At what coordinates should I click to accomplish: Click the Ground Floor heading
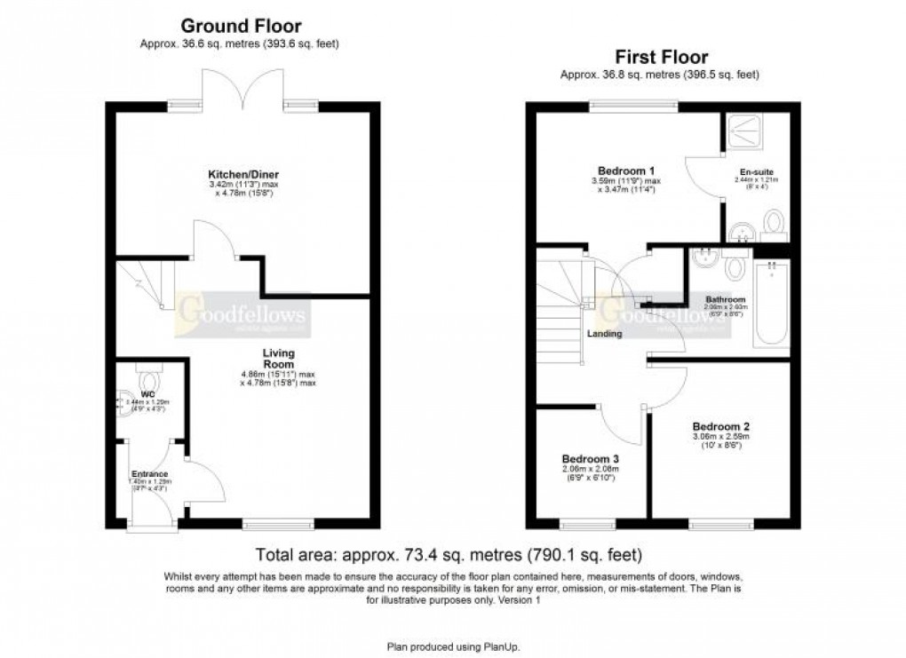241,27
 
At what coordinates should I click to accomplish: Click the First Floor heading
659,58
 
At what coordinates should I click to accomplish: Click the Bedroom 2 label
721,424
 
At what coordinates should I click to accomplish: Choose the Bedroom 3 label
590,459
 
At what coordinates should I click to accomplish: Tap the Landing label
604,334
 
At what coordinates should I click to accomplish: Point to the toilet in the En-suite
773,222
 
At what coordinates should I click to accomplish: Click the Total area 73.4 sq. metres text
449,557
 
